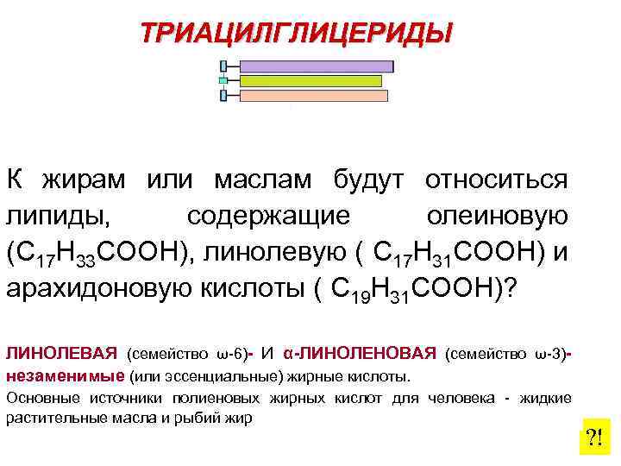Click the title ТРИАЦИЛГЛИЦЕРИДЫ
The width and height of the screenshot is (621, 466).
click(x=297, y=33)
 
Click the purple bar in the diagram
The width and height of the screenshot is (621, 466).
click(x=316, y=66)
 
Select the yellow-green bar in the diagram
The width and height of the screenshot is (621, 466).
click(x=310, y=81)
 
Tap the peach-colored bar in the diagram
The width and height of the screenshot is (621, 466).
click(x=314, y=96)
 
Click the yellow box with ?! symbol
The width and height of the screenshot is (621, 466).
click(x=593, y=438)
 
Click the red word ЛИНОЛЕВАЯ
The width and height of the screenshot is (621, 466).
click(x=61, y=353)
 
